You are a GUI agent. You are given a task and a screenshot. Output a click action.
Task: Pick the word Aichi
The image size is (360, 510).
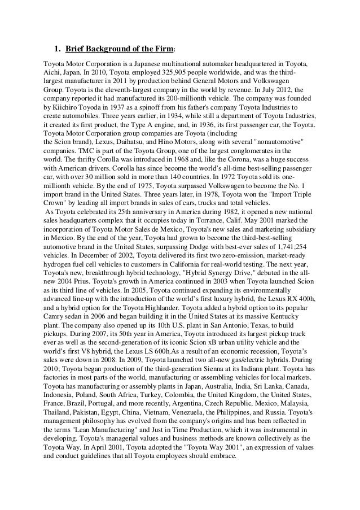coord(54,72)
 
